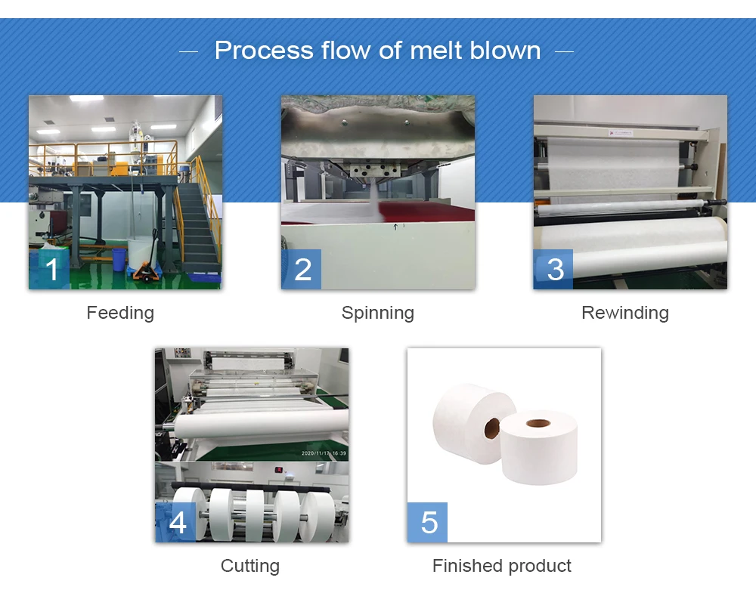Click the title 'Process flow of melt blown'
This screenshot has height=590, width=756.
coord(377,51)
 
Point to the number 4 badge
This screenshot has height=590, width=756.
coord(176,522)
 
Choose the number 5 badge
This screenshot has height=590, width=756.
coord(428,522)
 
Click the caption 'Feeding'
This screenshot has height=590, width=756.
coord(120,313)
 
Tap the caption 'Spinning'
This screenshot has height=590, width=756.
coord(377,313)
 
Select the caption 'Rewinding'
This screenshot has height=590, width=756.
coord(624,313)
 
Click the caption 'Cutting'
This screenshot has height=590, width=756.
coord(249,566)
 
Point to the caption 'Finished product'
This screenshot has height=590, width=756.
coord(501,566)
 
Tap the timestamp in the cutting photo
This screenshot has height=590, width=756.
coord(324,453)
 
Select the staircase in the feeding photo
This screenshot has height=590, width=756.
coord(196,227)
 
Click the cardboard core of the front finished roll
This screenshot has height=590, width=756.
coord(538,423)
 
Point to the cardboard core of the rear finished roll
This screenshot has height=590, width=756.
coord(491,429)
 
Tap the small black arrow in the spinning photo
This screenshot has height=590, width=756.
coord(395,226)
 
